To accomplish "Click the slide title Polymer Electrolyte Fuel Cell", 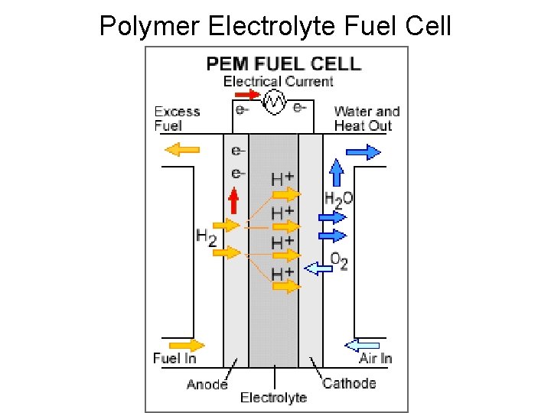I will pyautogui.click(x=275, y=26).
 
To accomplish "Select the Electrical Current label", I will pyautogui.click(x=278, y=81).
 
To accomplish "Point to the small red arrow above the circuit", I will pyautogui.click(x=247, y=94).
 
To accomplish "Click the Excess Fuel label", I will pyautogui.click(x=177, y=119).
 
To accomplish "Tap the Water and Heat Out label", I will pyautogui.click(x=367, y=119).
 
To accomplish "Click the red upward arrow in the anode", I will pyautogui.click(x=235, y=200).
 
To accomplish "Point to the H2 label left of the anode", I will pyautogui.click(x=206, y=236).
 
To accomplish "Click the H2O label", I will pyautogui.click(x=338, y=201).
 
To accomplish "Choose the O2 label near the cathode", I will pyautogui.click(x=339, y=262).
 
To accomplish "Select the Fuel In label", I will pyautogui.click(x=174, y=358).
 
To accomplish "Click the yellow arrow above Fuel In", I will pyautogui.click(x=187, y=344).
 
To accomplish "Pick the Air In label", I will pyautogui.click(x=376, y=358).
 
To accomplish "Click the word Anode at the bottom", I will pyautogui.click(x=207, y=383).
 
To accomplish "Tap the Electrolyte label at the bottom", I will pyautogui.click(x=273, y=397).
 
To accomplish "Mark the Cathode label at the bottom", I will pyautogui.click(x=349, y=383).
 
